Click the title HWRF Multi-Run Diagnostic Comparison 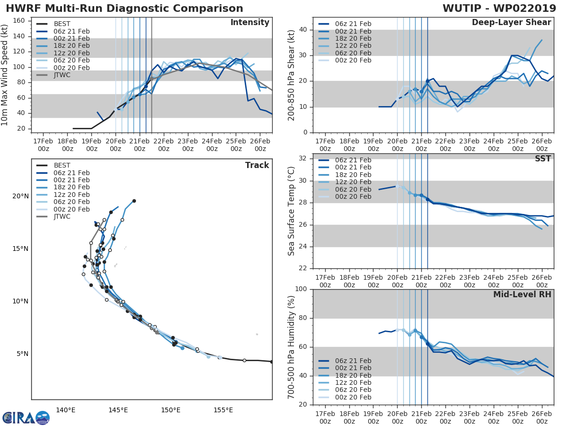pyautogui.click(x=124, y=9)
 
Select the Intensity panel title pyautogui.click(x=249, y=23)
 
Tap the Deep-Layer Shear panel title pyautogui.click(x=511, y=23)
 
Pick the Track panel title pyautogui.click(x=257, y=165)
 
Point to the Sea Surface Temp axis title pyautogui.click(x=292, y=211)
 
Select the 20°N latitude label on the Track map pyautogui.click(x=20, y=196)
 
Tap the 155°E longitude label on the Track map pyautogui.click(x=223, y=410)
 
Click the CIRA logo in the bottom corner pyautogui.click(x=26, y=417)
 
